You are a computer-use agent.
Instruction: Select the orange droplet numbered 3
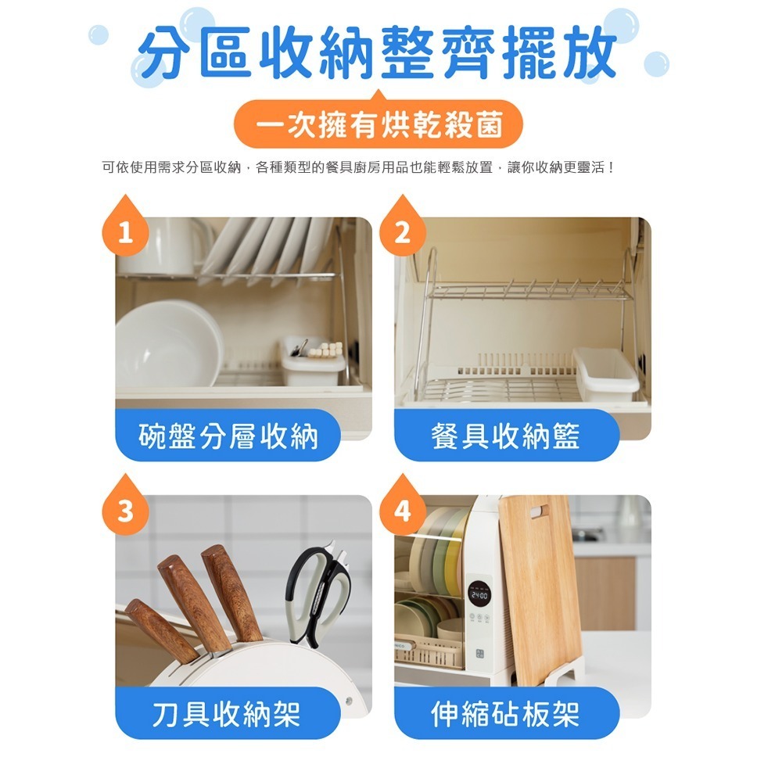(x=125, y=507)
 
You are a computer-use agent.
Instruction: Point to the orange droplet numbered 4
(x=403, y=507)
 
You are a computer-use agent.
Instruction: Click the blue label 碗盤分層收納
(x=228, y=436)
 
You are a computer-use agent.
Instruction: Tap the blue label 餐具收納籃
(x=507, y=436)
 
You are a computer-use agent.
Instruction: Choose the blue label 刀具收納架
(x=228, y=713)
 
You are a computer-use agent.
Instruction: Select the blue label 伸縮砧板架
(x=507, y=713)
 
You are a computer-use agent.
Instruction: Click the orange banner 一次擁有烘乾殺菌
(x=378, y=124)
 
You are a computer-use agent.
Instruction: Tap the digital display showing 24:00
(x=479, y=596)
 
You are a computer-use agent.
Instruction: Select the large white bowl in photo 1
(x=169, y=344)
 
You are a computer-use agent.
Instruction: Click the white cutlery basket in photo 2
(x=606, y=374)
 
